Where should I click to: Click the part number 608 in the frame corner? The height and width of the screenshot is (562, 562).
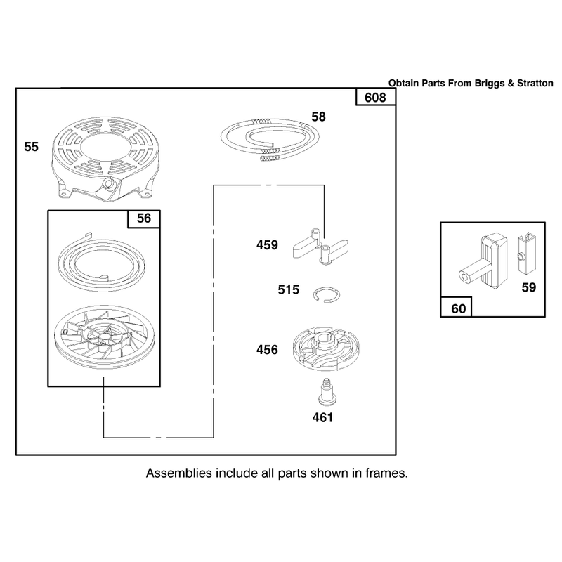click(x=375, y=98)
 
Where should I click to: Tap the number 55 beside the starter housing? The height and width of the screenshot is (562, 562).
click(x=31, y=147)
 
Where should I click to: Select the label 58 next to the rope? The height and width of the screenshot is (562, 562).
click(x=318, y=117)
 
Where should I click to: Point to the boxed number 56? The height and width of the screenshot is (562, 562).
click(x=144, y=218)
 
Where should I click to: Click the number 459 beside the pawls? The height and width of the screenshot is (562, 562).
click(x=267, y=244)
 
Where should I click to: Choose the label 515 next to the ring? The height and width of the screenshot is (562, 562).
click(x=288, y=289)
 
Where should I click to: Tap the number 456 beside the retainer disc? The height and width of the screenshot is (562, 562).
click(x=267, y=349)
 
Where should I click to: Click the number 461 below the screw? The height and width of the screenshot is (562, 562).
click(x=322, y=417)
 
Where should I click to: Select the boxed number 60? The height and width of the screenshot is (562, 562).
click(x=459, y=308)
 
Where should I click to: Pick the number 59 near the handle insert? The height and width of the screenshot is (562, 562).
click(x=529, y=287)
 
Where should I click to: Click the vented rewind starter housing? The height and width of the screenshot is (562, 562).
click(x=105, y=159)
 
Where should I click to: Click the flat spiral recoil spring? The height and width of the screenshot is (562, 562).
click(x=101, y=261)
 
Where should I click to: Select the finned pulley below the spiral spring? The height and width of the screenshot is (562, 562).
click(x=104, y=337)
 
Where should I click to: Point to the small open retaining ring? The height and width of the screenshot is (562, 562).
click(x=327, y=294)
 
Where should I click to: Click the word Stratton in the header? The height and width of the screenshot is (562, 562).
click(x=535, y=83)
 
